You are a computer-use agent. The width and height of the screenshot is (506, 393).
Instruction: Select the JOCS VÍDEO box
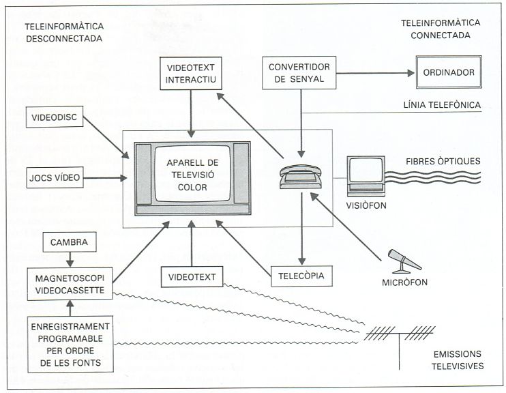[x=55, y=179]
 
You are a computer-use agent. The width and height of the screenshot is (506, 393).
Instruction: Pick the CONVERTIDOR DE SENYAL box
[x=301, y=74]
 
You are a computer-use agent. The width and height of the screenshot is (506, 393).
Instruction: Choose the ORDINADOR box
[x=449, y=73]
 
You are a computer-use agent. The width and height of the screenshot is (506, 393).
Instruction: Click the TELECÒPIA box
[x=301, y=277]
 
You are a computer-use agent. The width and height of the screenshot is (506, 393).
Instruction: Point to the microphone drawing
[x=404, y=261]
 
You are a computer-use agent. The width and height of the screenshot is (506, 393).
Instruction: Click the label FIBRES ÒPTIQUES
[x=443, y=161]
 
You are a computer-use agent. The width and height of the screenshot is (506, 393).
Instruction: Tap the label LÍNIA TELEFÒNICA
[x=442, y=104]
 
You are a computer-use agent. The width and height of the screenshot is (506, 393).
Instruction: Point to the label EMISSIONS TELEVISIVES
[x=457, y=360]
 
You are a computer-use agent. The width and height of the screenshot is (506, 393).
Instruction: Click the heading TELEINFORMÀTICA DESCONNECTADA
[x=63, y=32]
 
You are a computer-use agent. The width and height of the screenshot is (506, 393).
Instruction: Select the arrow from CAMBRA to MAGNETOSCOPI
[x=70, y=259]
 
